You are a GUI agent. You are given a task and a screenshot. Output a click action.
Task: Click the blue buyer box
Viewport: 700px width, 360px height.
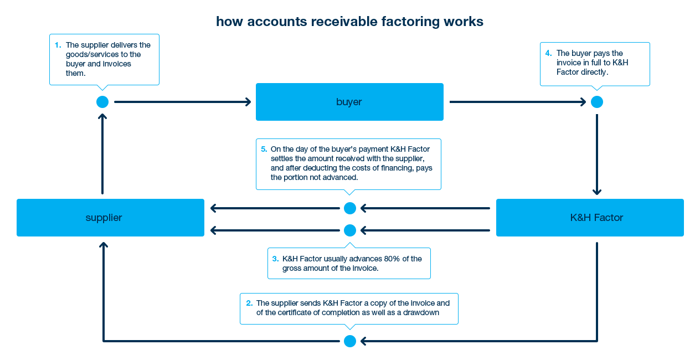349,101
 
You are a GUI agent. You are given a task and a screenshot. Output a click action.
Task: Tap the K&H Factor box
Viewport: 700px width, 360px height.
589,217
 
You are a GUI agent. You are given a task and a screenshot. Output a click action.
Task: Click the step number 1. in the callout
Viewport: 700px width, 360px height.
58,45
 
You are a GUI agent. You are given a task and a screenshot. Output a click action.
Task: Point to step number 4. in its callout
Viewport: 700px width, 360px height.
548,53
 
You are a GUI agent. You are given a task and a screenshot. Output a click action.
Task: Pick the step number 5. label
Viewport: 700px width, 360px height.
264,149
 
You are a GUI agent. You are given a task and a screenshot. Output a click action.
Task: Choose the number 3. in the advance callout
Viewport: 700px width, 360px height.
275,259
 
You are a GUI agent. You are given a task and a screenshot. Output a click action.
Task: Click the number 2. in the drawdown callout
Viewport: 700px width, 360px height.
249,303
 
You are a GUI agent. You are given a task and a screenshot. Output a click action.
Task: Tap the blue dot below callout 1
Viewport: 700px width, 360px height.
102,102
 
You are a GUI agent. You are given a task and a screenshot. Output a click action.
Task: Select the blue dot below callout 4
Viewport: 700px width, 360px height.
597,102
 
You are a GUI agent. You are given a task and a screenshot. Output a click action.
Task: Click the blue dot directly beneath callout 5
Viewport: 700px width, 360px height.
350,208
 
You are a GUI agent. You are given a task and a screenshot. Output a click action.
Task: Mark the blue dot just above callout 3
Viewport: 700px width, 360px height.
350,230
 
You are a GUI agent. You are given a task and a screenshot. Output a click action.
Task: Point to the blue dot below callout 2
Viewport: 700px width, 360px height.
350,341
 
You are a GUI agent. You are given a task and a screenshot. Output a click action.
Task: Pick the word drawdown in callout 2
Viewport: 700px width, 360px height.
422,312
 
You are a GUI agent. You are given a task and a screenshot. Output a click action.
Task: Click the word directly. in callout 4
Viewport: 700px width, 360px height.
595,72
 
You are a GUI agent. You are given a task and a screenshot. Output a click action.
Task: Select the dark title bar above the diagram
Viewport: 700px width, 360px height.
349,22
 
